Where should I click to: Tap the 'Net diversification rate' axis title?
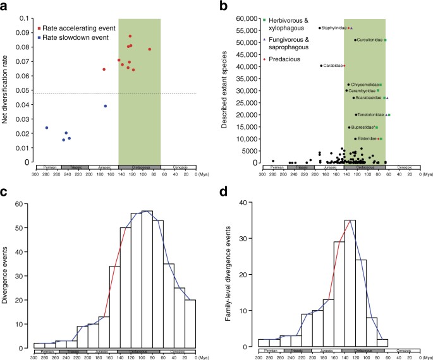click(6, 89)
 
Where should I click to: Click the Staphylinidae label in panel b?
click(332, 28)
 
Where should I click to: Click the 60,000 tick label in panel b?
click(245, 19)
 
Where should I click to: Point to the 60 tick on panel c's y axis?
click(23, 204)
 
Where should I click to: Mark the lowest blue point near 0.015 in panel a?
click(64, 140)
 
